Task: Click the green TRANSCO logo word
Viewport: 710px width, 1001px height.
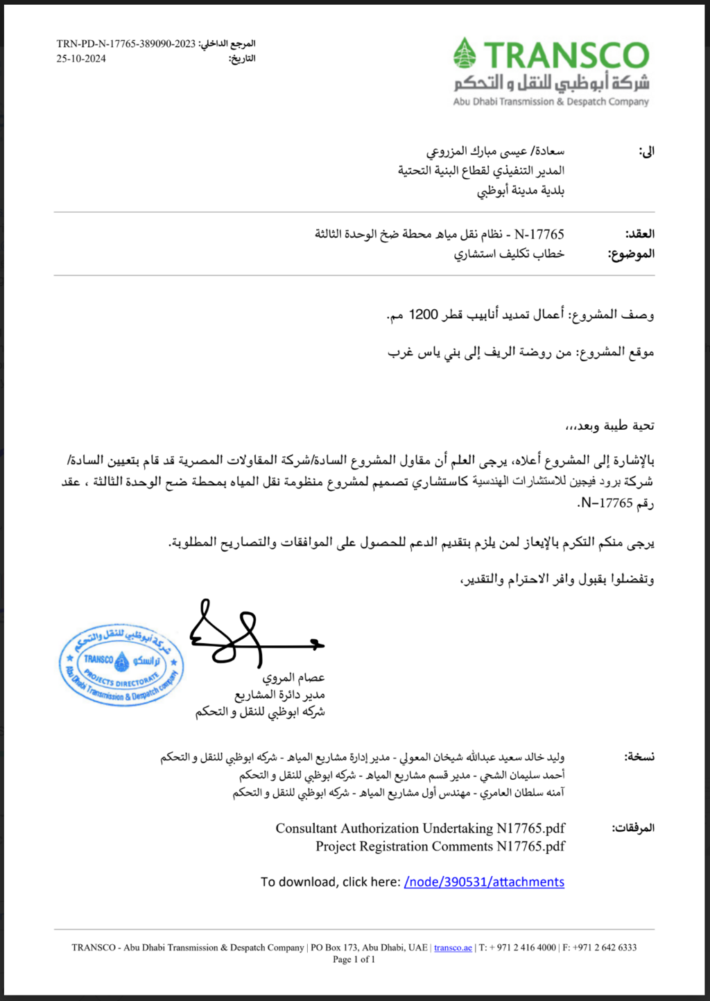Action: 566,55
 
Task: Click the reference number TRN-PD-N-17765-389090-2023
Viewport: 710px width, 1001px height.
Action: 126,44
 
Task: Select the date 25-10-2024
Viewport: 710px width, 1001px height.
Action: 81,59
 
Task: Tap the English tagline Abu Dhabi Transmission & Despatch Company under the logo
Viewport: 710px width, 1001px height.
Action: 551,102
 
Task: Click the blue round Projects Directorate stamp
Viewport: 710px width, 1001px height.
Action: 121,665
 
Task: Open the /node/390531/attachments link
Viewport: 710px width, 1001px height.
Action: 484,882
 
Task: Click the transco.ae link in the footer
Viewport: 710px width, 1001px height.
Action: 453,948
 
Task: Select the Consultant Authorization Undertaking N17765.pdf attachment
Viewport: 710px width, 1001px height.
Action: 420,828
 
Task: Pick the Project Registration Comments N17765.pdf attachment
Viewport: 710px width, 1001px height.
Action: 440,846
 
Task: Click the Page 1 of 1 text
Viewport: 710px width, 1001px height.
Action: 354,959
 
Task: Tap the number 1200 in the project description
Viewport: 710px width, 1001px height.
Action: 423,315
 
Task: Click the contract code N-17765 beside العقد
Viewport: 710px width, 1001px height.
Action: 539,234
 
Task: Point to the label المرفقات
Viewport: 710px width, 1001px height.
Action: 632,828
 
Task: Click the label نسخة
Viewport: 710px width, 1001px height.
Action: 639,757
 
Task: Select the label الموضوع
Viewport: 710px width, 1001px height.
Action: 631,254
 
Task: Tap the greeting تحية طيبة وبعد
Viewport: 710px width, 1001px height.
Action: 610,426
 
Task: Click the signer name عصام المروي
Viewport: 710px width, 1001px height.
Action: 293,677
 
